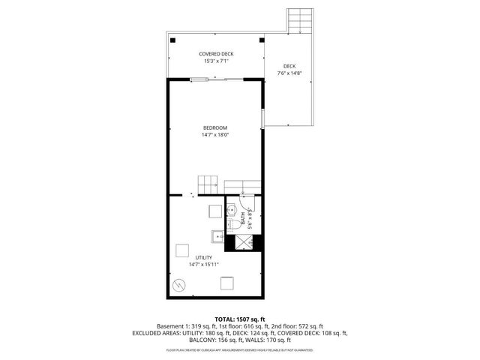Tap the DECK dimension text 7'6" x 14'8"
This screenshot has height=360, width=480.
(289, 73)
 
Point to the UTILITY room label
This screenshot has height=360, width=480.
(204, 257)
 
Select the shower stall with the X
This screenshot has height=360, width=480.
(244, 241)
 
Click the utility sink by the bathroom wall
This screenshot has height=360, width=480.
(219, 237)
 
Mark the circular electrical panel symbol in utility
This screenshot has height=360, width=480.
(180, 285)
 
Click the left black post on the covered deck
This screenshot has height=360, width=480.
(172, 40)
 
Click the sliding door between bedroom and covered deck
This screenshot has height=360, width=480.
(217, 79)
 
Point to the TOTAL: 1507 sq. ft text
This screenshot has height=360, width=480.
(240, 319)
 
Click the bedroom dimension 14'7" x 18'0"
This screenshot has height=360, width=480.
(214, 136)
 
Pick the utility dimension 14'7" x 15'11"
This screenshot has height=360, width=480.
(204, 265)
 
